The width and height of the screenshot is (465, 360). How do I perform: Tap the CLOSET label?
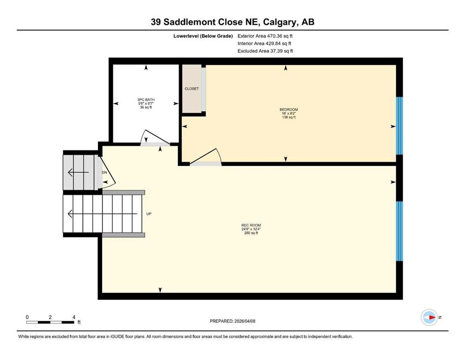coord(192,89)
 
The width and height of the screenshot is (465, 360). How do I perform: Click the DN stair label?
coord(104,172)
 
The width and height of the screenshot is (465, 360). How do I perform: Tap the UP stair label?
coord(149,214)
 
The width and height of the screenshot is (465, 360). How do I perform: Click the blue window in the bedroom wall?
coord(399,126)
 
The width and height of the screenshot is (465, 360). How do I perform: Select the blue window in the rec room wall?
coord(399,231)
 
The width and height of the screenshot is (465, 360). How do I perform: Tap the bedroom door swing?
coord(206,157)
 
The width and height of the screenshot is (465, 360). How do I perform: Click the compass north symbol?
coord(429,317)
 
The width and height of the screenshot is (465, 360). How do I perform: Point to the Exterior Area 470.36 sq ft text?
coord(266,36)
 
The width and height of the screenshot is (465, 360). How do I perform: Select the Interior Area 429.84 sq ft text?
coord(265,43)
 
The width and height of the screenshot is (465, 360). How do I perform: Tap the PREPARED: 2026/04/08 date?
coord(232,321)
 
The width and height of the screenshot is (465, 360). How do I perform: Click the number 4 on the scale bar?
coord(74,317)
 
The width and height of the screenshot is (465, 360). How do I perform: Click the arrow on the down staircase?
coord(78,172)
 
